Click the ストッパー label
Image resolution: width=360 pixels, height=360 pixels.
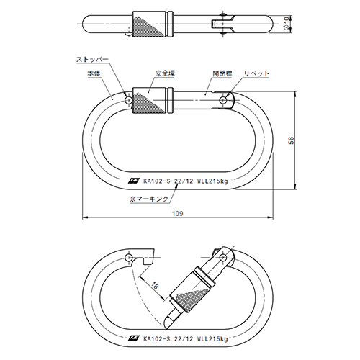point(92,59)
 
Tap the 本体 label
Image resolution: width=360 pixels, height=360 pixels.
point(94,73)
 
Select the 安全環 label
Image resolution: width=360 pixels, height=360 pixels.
point(165,73)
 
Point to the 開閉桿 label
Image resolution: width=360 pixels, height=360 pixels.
point(222,73)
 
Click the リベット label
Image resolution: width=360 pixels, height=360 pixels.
point(256,73)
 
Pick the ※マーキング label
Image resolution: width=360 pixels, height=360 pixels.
point(149,199)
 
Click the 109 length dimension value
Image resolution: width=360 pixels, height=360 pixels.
point(178,213)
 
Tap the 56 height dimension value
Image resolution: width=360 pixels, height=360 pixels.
point(291,140)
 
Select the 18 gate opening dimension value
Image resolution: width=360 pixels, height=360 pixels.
point(155,286)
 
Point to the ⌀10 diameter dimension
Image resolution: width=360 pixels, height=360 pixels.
point(287,24)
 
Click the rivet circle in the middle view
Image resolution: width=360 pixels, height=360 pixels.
point(224,99)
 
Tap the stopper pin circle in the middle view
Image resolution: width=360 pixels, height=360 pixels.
point(129,99)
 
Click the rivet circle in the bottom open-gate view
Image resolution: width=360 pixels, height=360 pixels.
point(223,258)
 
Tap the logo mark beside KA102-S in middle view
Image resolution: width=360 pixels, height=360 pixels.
point(134,181)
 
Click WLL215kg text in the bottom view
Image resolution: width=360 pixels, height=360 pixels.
point(212,339)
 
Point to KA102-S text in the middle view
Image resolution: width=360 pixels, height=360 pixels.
point(156,181)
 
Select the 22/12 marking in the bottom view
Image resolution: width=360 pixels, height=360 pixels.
point(184,339)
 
